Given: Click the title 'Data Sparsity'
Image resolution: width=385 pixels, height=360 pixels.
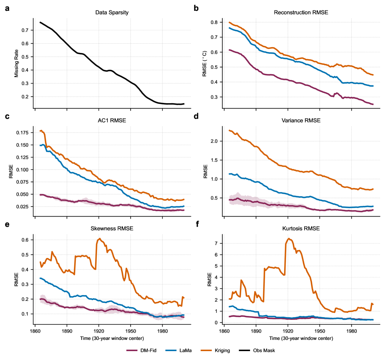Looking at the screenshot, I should click(x=112, y=13).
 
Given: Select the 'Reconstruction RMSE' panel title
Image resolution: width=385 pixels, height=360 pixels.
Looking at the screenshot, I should click(x=301, y=13).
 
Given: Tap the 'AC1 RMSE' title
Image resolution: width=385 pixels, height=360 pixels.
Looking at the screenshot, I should click(x=112, y=120).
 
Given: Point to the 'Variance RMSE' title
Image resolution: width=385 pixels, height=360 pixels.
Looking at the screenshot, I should click(x=301, y=120).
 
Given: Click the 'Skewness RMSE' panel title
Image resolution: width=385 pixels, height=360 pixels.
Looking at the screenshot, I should click(x=112, y=228).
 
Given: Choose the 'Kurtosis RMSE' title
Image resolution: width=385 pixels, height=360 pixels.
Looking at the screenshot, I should click(x=301, y=228).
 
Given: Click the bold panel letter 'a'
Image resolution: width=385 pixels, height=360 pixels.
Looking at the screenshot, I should click(x=7, y=8).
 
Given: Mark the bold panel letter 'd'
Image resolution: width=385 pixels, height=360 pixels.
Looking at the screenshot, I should click(x=196, y=115).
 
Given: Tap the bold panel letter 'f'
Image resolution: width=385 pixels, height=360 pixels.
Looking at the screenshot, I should click(x=196, y=223).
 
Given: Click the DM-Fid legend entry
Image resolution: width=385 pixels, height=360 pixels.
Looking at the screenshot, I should click(x=141, y=350).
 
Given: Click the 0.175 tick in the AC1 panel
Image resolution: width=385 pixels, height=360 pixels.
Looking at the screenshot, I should click(x=21, y=133).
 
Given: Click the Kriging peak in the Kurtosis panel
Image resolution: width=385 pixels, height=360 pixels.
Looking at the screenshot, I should click(x=289, y=238).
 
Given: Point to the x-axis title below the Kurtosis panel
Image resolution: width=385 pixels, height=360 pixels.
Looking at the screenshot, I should click(x=301, y=338).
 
